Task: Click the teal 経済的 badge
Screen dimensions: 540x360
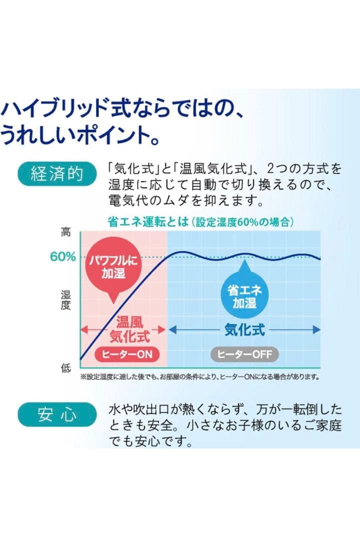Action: coord(56,174)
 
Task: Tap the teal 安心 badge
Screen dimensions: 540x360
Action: coord(56,414)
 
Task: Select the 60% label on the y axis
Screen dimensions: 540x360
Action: coord(62,257)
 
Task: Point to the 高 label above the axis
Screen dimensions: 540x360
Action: coord(66,232)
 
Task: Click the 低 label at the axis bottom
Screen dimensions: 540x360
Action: coord(66,368)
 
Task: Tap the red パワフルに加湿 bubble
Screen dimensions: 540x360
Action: coord(112,266)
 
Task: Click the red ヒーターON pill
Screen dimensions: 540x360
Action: coord(123,354)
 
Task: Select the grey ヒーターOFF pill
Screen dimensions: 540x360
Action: coord(244,354)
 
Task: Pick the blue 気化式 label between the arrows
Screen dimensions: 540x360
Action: coord(244,329)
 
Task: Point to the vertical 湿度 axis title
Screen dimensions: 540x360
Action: coord(66,300)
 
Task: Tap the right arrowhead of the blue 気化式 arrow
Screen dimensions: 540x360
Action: coord(316,329)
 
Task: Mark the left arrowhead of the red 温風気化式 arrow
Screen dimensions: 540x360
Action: coord(83,329)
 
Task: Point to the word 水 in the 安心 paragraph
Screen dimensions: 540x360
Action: coord(114,411)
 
